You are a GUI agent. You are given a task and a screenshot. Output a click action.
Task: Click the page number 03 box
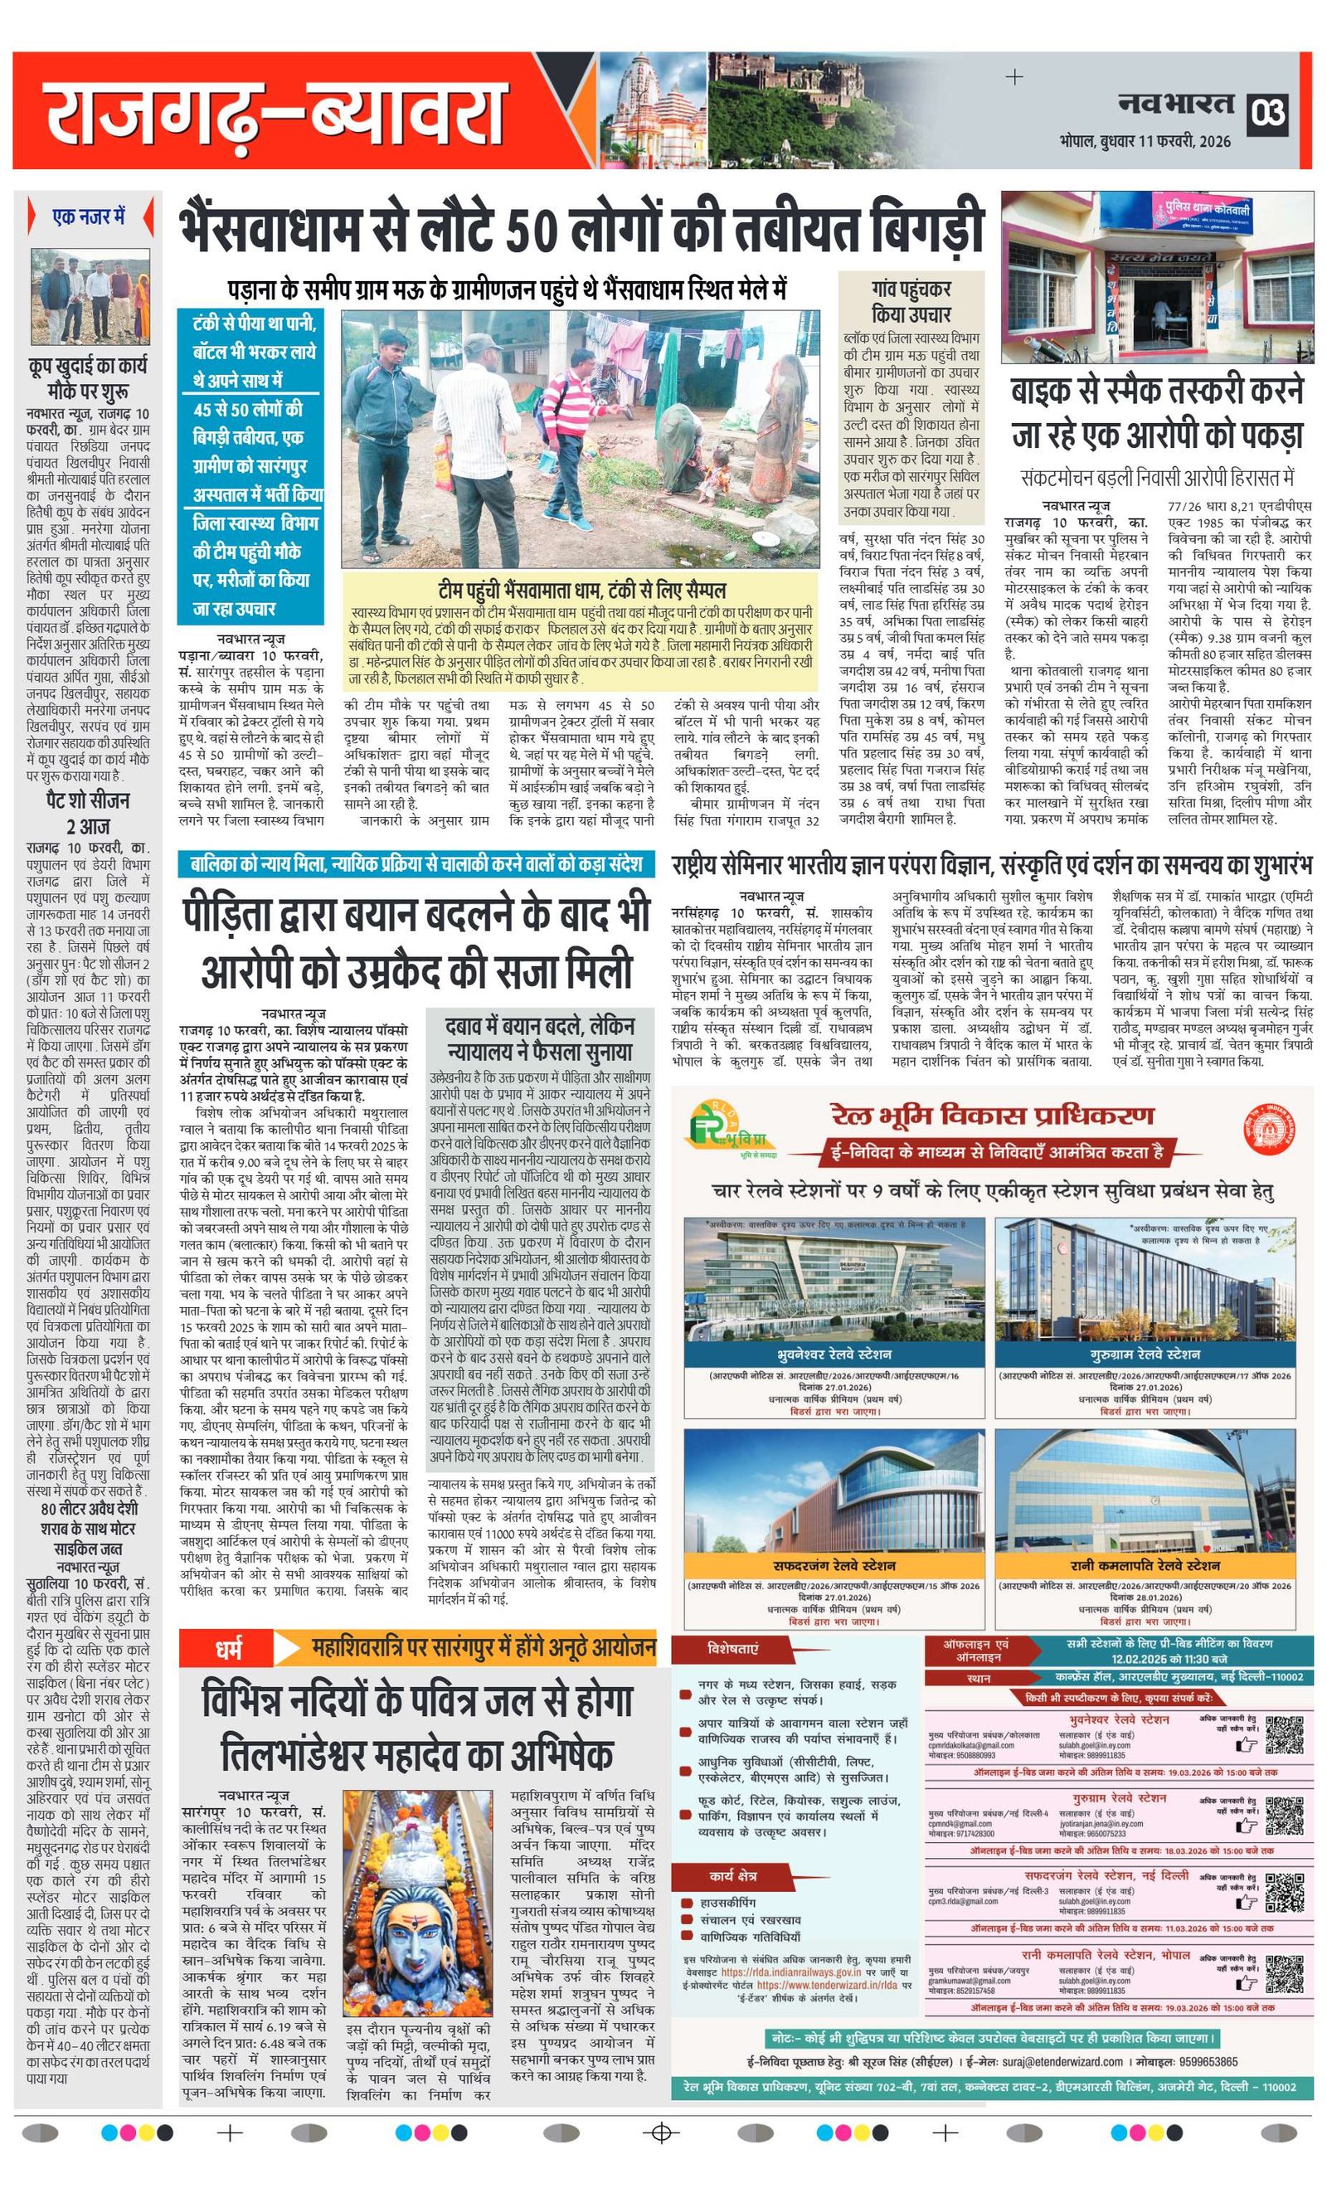(1267, 113)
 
